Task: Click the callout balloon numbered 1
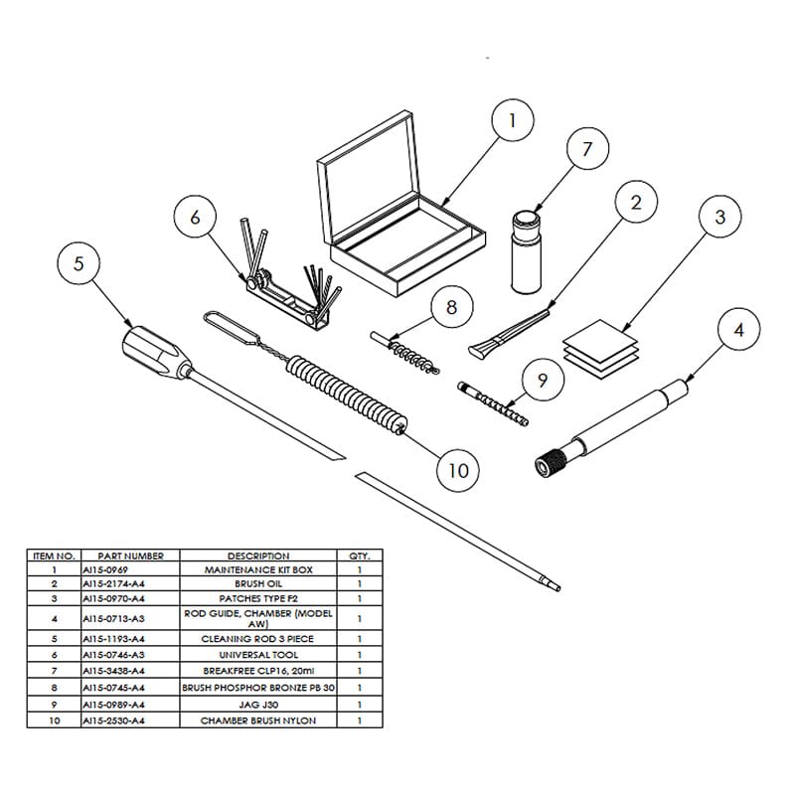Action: (x=512, y=122)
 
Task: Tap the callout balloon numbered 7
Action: (x=586, y=149)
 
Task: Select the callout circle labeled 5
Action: (x=79, y=264)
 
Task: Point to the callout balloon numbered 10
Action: (x=458, y=468)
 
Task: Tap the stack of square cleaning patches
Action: (x=600, y=349)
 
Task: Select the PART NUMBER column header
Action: (x=124, y=556)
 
